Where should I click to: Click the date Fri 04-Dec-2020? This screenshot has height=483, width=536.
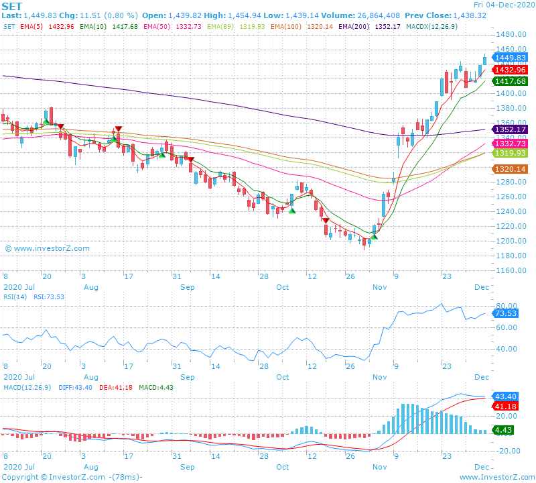[x=503, y=5]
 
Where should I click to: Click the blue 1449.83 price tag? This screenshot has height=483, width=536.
[x=511, y=58]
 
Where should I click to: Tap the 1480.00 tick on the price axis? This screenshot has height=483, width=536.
[x=511, y=34]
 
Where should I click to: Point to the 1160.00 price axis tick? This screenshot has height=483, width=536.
[x=511, y=270]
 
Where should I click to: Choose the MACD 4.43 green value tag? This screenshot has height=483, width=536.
[x=504, y=430]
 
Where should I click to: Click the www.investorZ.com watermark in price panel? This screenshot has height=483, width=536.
[x=47, y=248]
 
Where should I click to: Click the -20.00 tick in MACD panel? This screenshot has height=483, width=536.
[x=508, y=451]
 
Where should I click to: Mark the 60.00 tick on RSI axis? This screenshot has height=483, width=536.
[x=507, y=327]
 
